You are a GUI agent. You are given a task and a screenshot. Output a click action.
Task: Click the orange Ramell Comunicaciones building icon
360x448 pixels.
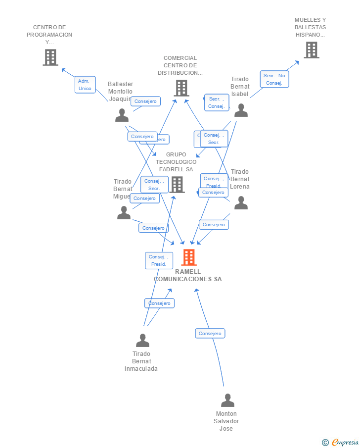pos(189,257)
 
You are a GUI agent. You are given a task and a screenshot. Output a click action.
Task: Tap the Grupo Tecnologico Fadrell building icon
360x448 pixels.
pos(177,185)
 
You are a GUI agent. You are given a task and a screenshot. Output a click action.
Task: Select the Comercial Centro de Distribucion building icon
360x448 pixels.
pos(181,88)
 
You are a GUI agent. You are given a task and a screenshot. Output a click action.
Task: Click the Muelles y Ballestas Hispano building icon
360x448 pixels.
pos(311,50)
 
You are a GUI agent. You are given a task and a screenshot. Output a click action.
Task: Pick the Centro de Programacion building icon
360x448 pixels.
pos(50,57)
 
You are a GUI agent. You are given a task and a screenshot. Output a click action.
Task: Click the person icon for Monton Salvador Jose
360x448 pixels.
pos(227,400)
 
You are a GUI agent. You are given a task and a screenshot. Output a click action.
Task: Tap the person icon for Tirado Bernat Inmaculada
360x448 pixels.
pos(142,340)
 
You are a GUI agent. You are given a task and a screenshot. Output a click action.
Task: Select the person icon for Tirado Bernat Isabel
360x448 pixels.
pos(241,110)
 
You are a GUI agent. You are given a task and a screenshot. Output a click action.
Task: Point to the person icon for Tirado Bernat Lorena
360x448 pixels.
pos(241,202)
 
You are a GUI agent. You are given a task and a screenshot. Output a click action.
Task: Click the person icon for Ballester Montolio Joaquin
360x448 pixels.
pos(122,115)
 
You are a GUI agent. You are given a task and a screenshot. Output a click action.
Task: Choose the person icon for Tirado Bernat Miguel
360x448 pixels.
pos(124,212)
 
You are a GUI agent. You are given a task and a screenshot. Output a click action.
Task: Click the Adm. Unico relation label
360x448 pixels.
pos(85,85)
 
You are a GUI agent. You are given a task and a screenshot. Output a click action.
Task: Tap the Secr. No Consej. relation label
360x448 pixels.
pos(274,79)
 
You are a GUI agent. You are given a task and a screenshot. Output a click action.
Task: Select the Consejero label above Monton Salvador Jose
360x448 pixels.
pos(210,334)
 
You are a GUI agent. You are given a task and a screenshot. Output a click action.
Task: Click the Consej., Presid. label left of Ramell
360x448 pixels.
pos(159,260)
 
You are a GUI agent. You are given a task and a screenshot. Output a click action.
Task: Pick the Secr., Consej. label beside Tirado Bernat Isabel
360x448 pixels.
pos(216,102)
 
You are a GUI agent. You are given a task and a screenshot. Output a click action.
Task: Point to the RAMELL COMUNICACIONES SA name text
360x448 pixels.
pos(188,275)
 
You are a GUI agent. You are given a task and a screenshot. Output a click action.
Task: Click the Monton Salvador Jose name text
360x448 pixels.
pos(226,421)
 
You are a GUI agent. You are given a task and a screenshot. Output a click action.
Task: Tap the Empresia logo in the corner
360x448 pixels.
pos(341,442)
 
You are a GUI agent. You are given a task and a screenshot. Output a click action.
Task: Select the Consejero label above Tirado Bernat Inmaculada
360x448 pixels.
pos(159,303)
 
